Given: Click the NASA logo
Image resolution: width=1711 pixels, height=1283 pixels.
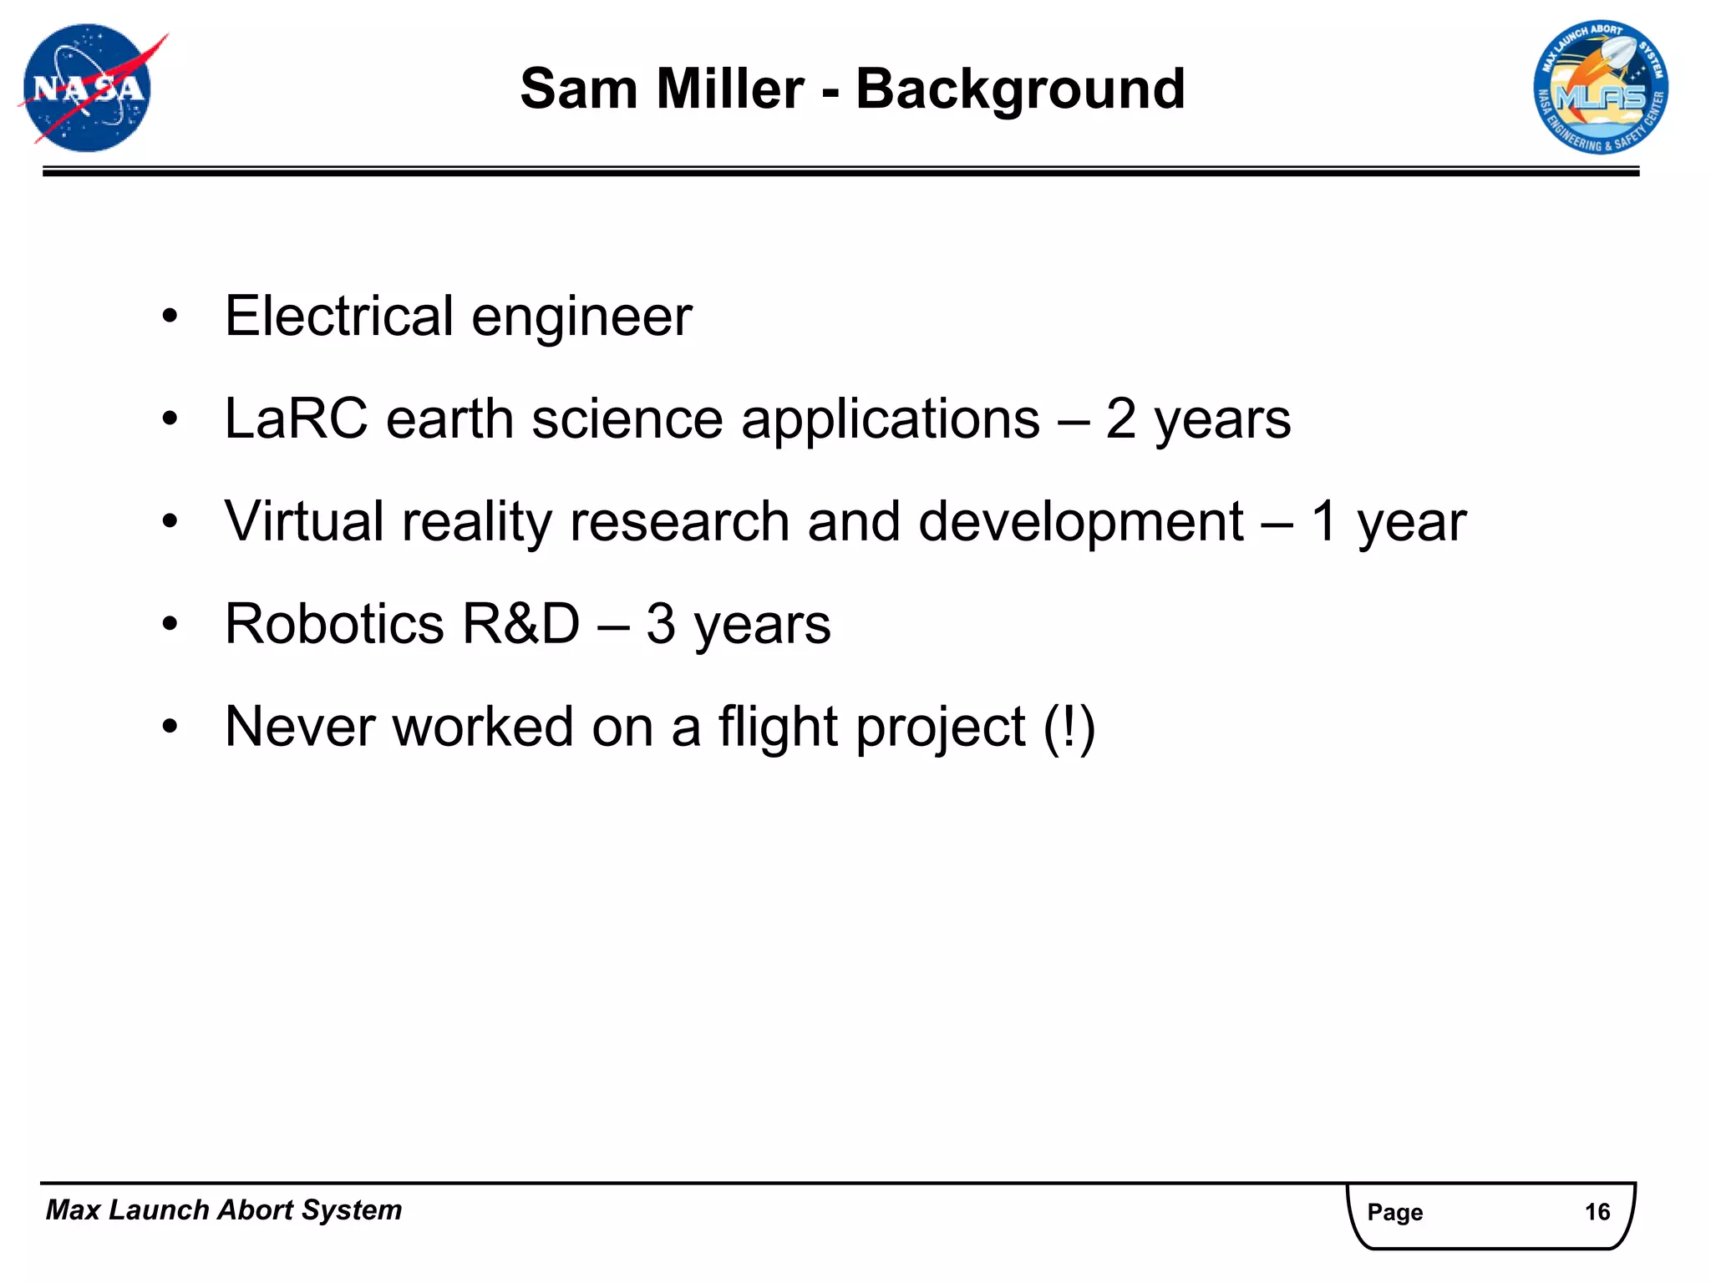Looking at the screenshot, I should (88, 89).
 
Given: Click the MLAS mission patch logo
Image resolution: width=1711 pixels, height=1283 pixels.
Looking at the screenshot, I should (1601, 89).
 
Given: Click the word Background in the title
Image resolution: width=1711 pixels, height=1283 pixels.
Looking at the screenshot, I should (1020, 89).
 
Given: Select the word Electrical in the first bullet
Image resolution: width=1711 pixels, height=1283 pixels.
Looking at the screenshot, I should (339, 317).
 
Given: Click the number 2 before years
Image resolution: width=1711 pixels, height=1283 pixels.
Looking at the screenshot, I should (1121, 418).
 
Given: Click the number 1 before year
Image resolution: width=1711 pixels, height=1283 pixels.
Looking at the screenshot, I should (1324, 521).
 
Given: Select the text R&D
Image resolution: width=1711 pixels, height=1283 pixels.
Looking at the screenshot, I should (520, 624).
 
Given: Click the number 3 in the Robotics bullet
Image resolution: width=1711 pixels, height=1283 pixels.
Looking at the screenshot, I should (660, 624).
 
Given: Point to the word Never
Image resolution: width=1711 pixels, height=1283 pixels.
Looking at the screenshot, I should (299, 727).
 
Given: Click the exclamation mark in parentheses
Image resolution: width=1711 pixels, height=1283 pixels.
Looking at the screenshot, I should (1069, 727).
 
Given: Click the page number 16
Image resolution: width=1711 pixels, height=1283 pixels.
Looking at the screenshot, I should (1597, 1212).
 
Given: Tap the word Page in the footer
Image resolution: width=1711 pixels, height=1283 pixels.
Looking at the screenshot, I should (1394, 1212).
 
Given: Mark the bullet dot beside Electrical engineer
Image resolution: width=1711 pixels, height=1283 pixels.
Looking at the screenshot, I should (170, 317).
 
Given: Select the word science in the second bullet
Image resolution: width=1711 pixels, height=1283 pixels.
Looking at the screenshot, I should (627, 418).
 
